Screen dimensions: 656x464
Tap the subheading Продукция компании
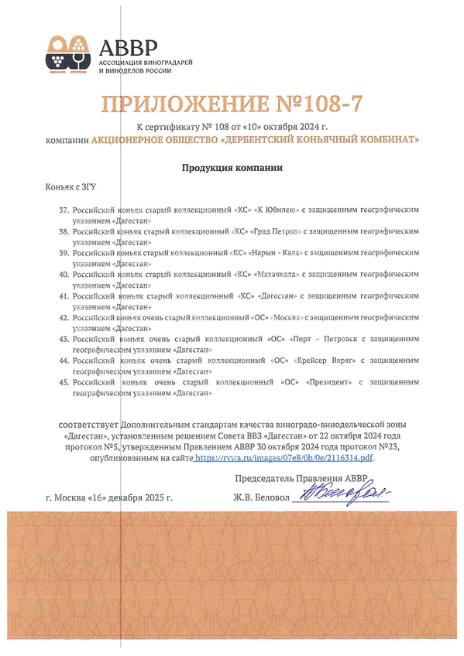(232, 168)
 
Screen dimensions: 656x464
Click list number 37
(64, 210)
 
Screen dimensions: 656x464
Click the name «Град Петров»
(278, 231)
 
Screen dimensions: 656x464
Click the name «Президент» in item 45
(328, 382)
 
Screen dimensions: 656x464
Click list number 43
(64, 339)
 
